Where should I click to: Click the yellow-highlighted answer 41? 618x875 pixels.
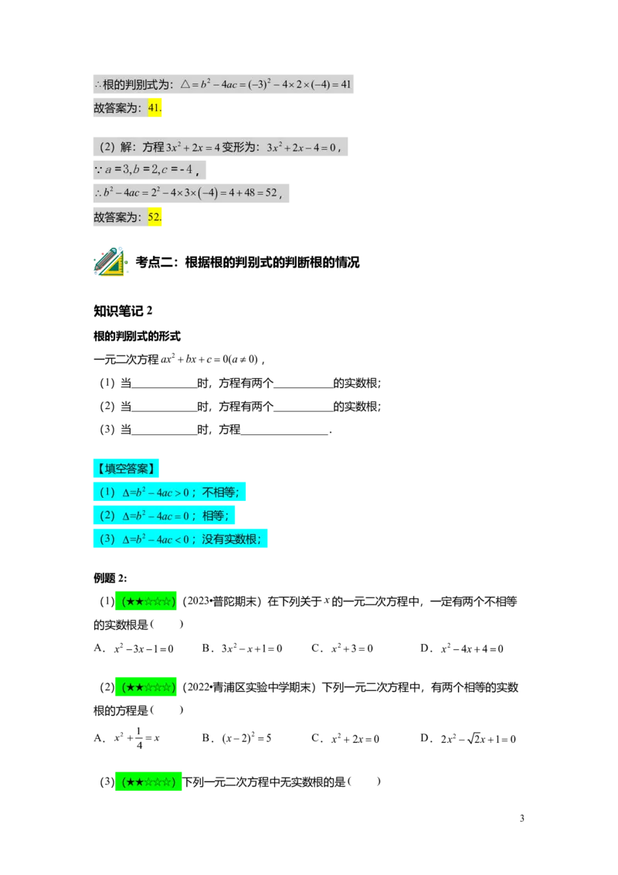click(154, 107)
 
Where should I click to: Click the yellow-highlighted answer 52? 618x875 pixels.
click(154, 216)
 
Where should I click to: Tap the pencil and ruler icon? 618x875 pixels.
click(110, 261)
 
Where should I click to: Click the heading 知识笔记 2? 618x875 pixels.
click(123, 311)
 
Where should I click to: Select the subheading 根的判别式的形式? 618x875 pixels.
click(137, 336)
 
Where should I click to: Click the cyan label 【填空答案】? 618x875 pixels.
click(126, 468)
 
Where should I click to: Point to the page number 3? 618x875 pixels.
click(522, 818)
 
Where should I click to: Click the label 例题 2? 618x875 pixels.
click(110, 577)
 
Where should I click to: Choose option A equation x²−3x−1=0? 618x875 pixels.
click(144, 649)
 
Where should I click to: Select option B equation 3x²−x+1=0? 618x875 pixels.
click(252, 649)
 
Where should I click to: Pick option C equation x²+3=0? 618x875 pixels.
click(352, 649)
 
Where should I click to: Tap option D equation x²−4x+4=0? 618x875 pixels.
click(472, 649)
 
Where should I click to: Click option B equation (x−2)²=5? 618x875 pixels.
click(246, 738)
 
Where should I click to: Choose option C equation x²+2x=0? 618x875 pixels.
click(355, 739)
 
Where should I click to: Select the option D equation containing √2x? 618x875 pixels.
click(478, 739)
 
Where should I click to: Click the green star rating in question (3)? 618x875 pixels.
click(148, 781)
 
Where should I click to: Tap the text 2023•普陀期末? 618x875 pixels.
click(222, 601)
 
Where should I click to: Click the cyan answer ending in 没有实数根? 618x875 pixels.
click(180, 539)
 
